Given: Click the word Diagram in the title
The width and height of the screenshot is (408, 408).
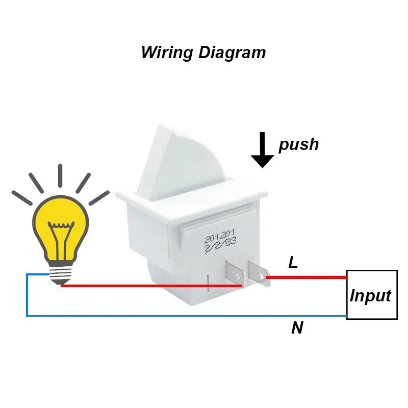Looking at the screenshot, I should (x=232, y=53).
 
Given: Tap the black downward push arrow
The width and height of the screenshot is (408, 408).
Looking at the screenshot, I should (x=263, y=150).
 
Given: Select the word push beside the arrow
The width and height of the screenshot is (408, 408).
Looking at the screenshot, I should (x=298, y=144).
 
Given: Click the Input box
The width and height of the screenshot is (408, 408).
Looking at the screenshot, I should (x=371, y=294).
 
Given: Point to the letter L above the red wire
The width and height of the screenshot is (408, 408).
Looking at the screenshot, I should (x=293, y=263).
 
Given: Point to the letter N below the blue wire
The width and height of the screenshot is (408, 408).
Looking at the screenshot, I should (x=297, y=328).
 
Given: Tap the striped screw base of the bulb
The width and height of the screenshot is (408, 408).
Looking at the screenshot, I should (x=61, y=275).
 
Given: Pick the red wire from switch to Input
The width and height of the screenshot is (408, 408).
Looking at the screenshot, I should (x=306, y=277).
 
